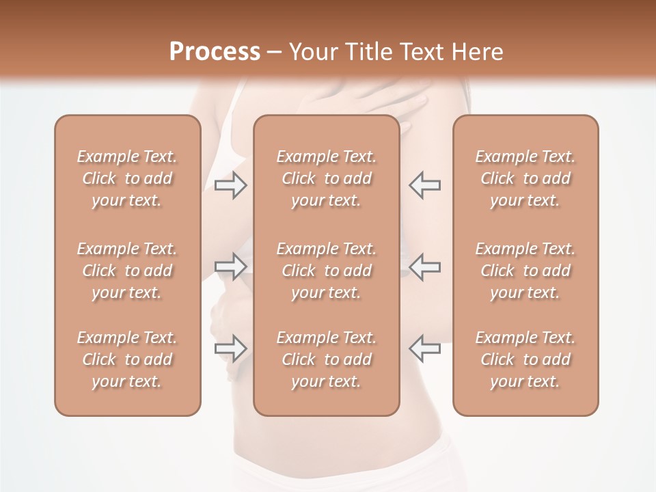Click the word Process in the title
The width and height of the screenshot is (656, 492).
pyautogui.click(x=215, y=52)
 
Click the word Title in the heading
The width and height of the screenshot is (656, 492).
pyautogui.click(x=370, y=52)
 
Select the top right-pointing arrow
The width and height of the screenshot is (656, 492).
pyautogui.click(x=230, y=185)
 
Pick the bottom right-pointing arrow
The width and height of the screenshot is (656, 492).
pyautogui.click(x=230, y=348)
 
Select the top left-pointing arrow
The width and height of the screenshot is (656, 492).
pyautogui.click(x=424, y=185)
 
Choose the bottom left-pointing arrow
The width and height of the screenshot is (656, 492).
pyautogui.click(x=424, y=348)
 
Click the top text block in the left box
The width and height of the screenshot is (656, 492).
pyautogui.click(x=127, y=178)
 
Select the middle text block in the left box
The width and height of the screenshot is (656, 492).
pyautogui.click(x=127, y=271)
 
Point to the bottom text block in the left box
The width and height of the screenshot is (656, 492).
pyautogui.click(x=127, y=359)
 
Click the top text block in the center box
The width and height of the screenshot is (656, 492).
pyautogui.click(x=326, y=178)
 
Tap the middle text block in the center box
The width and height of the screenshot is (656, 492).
pyautogui.click(x=326, y=271)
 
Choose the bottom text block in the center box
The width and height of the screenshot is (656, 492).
pyautogui.click(x=326, y=359)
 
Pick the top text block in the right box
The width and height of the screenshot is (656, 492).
pyautogui.click(x=525, y=178)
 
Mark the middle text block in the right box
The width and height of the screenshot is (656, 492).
pyautogui.click(x=525, y=271)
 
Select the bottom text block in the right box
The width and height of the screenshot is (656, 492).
pyautogui.click(x=525, y=359)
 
